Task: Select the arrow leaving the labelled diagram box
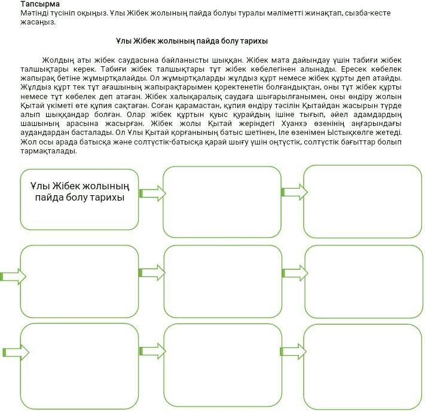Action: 151,193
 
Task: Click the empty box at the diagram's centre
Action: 222,273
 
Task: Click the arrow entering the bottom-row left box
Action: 12,352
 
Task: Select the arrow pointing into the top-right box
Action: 293,192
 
